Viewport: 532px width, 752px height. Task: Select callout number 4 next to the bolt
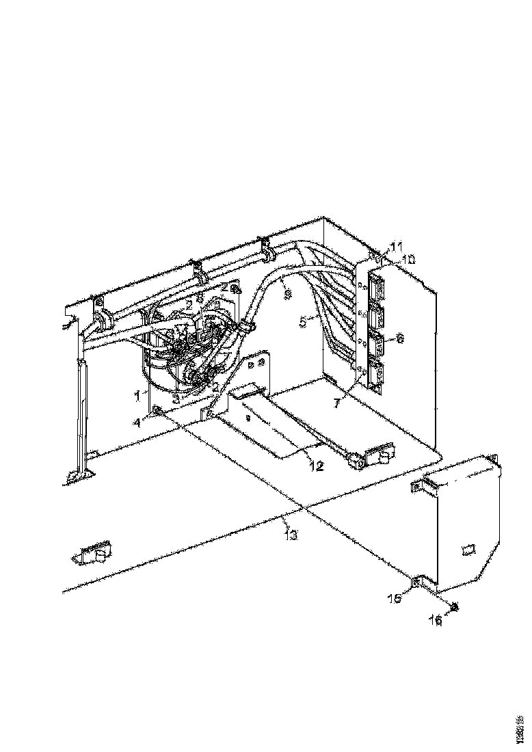[137, 422]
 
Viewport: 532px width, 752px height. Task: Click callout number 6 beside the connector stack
[400, 338]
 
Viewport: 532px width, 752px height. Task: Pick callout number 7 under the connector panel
[336, 403]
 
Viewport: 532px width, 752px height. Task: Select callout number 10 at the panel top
[408, 260]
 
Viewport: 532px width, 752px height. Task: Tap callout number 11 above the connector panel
[397, 246]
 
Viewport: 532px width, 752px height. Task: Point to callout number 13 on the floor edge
[291, 535]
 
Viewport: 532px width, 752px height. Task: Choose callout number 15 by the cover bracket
[395, 599]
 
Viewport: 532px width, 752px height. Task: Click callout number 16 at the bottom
[436, 621]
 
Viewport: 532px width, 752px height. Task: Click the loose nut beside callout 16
[453, 606]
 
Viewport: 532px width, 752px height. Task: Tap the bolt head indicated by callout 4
[158, 410]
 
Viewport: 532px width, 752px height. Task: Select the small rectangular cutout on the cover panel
[468, 549]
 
